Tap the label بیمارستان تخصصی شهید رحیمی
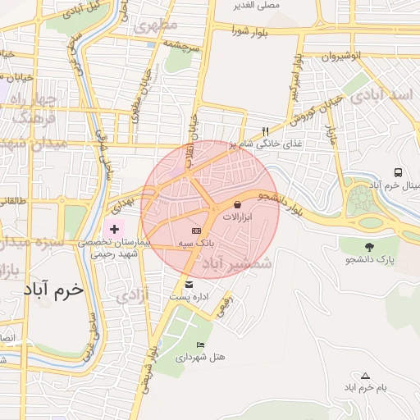[113, 249]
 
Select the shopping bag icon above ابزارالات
[238, 204]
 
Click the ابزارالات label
[238, 217]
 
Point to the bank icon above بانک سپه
[195, 231]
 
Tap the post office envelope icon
[189, 284]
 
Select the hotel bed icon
[200, 345]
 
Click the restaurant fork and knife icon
[264, 131]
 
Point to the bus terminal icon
[398, 173]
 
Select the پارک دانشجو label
[369, 260]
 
